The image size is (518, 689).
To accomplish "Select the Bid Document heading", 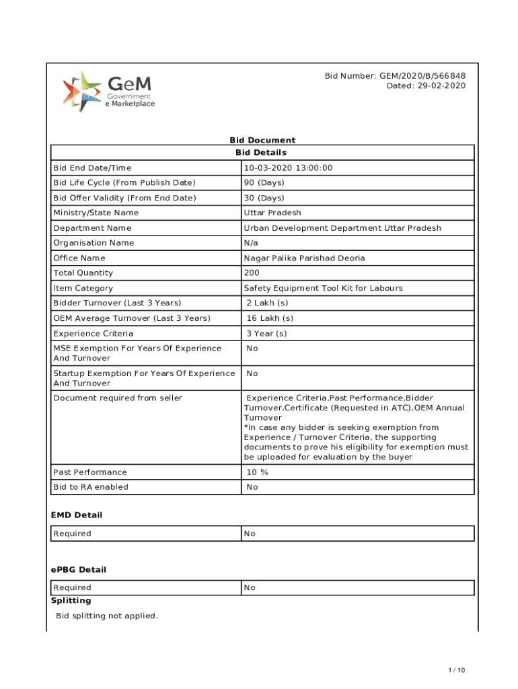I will pos(262,140).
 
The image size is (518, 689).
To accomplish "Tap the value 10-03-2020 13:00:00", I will pos(288,168).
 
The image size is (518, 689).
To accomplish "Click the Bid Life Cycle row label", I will pos(124,183).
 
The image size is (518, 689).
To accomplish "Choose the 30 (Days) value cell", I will pos(264,198).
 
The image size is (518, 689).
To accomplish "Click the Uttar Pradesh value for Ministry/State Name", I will pos(272,213).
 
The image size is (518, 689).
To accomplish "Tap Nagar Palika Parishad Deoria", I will pos(305,258).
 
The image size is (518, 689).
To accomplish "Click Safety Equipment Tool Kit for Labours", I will pos(324,288).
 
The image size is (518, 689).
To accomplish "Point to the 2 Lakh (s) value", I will pos(267,303).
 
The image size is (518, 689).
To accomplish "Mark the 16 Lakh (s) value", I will pos(270,318).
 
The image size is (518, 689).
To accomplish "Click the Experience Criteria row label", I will pos(94,334).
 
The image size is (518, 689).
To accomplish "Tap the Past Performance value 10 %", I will pos(257,472).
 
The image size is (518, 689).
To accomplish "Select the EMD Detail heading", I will pos(77,515).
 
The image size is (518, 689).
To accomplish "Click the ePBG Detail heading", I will pos(79,569).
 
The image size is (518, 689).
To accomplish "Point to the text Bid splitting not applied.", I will pos(107,616).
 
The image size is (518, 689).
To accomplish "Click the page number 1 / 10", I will pos(457,670).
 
